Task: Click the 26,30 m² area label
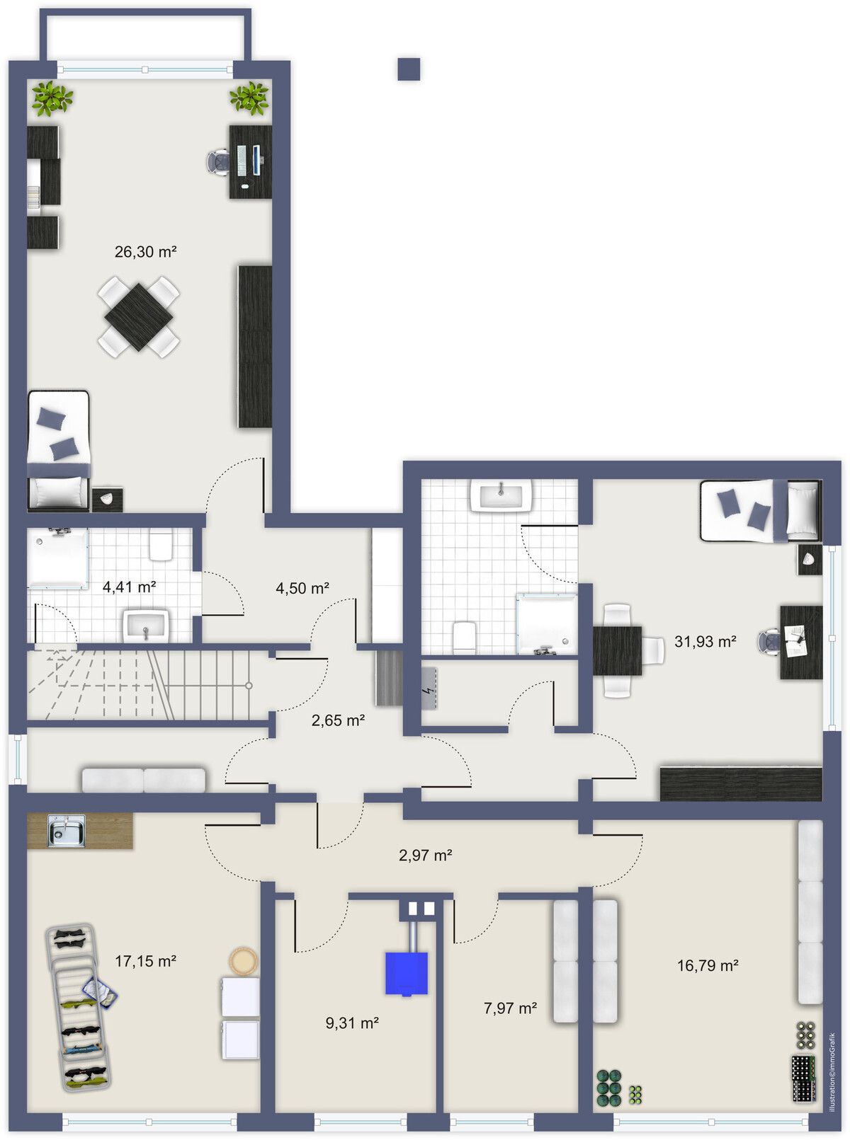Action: [145, 252]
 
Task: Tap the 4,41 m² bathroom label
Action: [129, 587]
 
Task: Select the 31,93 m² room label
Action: [705, 641]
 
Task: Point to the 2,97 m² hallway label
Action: [425, 856]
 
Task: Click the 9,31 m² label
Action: [352, 1023]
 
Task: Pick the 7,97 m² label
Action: [510, 1008]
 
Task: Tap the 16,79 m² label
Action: [708, 966]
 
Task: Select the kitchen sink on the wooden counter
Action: [67, 831]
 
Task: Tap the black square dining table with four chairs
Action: [138, 317]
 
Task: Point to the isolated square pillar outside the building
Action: [409, 69]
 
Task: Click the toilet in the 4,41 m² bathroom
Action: [161, 546]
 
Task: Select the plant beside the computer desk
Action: [249, 98]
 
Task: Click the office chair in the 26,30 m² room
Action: [219, 163]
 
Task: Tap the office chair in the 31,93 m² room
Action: [770, 642]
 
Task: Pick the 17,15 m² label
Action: [145, 961]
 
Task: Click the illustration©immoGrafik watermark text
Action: [832, 1072]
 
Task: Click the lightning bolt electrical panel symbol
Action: [426, 690]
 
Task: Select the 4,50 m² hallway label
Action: [302, 588]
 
